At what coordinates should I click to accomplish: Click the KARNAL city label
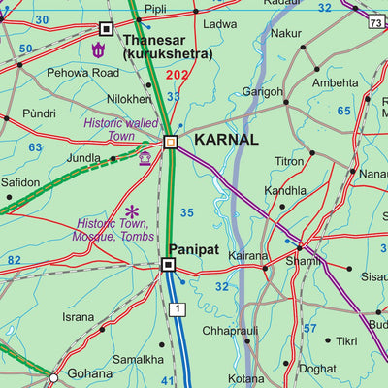click(226, 140)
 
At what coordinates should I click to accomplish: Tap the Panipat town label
click(194, 248)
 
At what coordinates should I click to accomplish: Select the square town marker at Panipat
click(168, 264)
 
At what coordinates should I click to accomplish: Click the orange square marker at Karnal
click(171, 143)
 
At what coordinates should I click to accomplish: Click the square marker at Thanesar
click(106, 29)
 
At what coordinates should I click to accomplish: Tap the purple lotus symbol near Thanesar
click(97, 49)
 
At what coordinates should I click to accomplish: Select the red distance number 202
click(177, 75)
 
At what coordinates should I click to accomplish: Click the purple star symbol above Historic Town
click(132, 210)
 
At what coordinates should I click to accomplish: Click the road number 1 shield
click(177, 308)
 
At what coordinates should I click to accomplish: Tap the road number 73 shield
click(375, 21)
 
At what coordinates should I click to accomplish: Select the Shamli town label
click(303, 261)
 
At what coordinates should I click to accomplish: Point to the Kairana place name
click(248, 256)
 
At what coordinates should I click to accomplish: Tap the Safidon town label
click(20, 182)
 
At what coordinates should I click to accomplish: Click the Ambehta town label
click(334, 83)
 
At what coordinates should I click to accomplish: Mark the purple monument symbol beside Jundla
click(145, 158)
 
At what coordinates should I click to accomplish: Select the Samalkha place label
click(138, 359)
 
